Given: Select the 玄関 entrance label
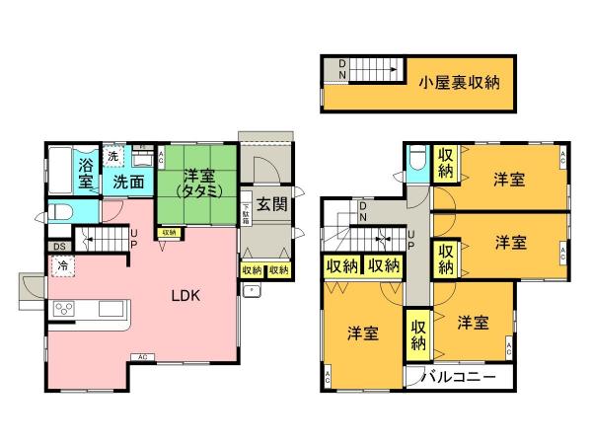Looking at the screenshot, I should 272,205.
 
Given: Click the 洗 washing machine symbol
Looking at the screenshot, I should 113,156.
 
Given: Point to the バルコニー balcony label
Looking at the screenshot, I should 459,377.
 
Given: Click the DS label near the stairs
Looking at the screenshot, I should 58,247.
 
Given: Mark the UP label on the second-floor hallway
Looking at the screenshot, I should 410,240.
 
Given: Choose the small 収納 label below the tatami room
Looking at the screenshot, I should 169,233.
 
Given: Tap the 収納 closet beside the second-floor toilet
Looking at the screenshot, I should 446,164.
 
